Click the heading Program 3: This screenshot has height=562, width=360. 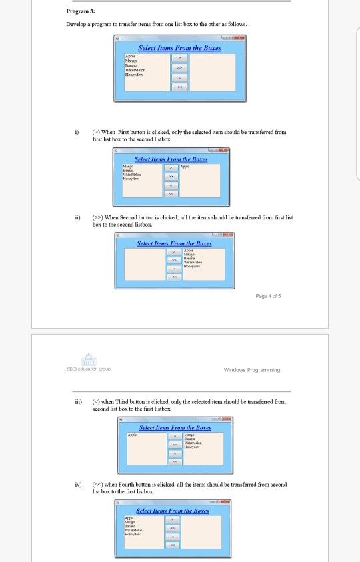pos(81,11)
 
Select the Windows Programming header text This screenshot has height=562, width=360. pos(252,369)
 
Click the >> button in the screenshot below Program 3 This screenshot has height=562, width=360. pos(178,67)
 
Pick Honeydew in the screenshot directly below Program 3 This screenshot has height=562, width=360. pos(129,75)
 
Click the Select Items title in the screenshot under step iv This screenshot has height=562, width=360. pos(173,511)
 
